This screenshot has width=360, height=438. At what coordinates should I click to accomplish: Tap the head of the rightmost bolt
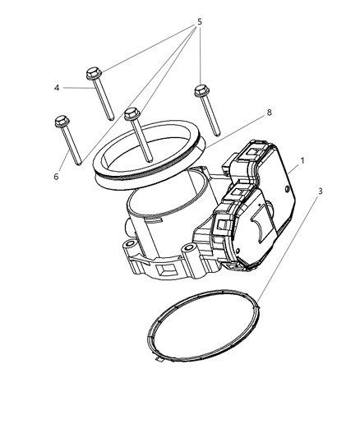(x=200, y=90)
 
